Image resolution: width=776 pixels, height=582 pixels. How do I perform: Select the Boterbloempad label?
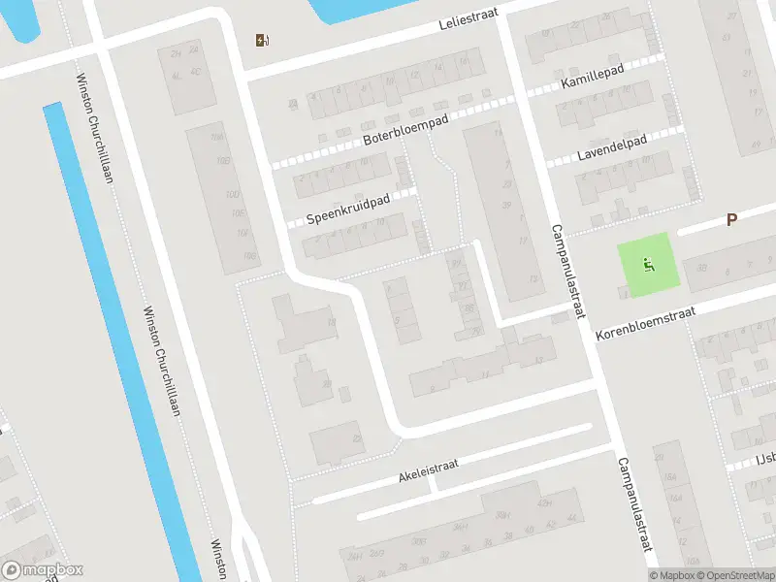point(405,133)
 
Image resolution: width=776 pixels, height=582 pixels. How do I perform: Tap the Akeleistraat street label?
point(427,470)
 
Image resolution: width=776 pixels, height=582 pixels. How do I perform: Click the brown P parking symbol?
point(731,220)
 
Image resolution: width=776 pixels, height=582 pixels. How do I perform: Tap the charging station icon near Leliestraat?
point(261,40)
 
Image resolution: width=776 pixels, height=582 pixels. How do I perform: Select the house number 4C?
point(195,72)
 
